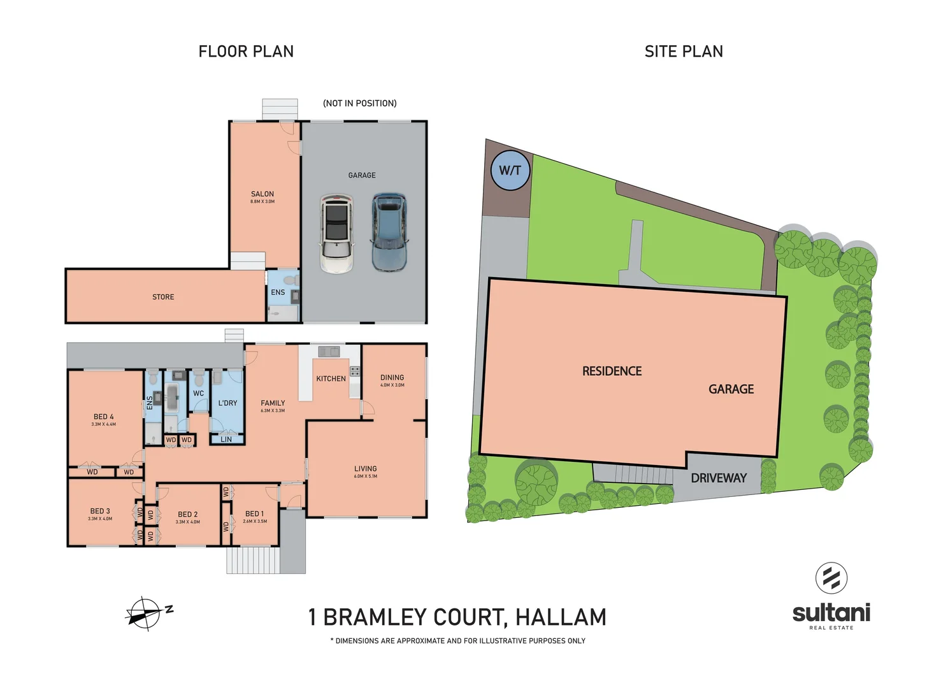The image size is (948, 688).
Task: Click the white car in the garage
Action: pyautogui.click(x=336, y=233)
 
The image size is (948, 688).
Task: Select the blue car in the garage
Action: pyautogui.click(x=389, y=232)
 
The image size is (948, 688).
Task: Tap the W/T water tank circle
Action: pyautogui.click(x=510, y=170)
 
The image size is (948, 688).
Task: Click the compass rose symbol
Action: pyautogui.click(x=145, y=614)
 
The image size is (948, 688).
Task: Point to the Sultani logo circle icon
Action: pyautogui.click(x=831, y=578)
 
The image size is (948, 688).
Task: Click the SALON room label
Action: pyautogui.click(x=262, y=194)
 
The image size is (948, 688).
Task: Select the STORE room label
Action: pyautogui.click(x=163, y=297)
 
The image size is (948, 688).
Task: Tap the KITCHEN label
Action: pyautogui.click(x=331, y=379)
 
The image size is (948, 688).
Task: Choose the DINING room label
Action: pyautogui.click(x=392, y=378)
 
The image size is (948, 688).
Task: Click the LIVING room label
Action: pyautogui.click(x=366, y=469)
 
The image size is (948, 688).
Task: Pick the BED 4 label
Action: pyautogui.click(x=104, y=417)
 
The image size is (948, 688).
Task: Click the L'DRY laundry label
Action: pyautogui.click(x=227, y=403)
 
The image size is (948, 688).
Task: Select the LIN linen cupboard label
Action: pyautogui.click(x=226, y=440)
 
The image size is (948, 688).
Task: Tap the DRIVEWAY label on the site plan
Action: pyautogui.click(x=719, y=478)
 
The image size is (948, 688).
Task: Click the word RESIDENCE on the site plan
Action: pyautogui.click(x=612, y=371)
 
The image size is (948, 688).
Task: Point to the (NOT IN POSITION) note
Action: pyautogui.click(x=360, y=103)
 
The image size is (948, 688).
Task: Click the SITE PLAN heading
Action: pyautogui.click(x=684, y=52)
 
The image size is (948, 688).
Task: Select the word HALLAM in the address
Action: pyautogui.click(x=561, y=617)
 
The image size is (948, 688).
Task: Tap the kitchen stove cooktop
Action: pyautogui.click(x=355, y=371)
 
